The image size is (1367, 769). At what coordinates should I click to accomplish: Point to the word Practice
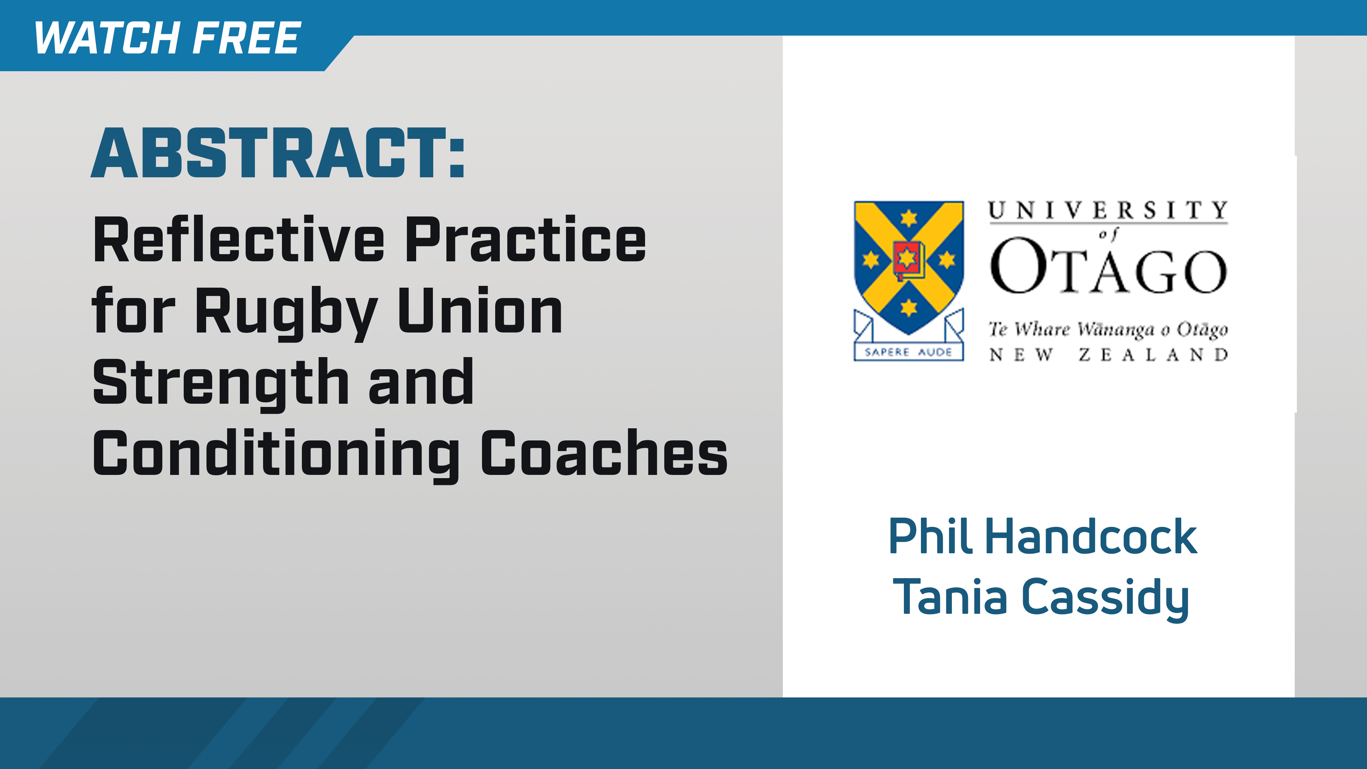525,240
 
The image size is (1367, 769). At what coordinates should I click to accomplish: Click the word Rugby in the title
287,313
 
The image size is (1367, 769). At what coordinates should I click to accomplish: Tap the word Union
480,313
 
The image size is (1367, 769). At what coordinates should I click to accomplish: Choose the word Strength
220,383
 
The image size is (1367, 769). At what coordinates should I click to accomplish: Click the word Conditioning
276,454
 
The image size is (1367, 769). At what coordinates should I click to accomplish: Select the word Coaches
604,454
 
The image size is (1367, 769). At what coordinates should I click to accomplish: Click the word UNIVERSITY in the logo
1108,211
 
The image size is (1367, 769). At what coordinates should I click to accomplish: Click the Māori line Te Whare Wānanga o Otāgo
1108,330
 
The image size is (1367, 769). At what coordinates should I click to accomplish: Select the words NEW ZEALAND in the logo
1108,355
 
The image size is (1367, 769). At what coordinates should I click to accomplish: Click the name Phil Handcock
1042,537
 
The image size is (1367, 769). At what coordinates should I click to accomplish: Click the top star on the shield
908,218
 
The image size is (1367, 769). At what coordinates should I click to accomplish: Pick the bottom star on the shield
908,307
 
